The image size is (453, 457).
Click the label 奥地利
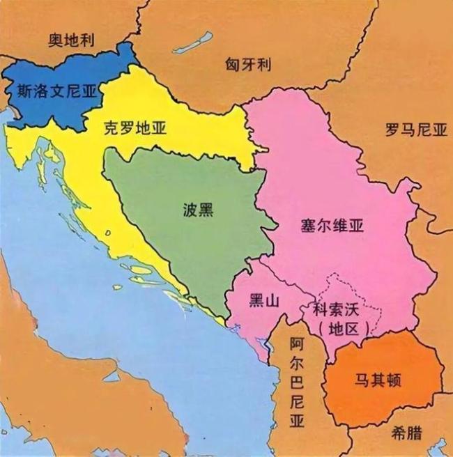point(71,40)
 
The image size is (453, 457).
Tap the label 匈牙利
point(248,65)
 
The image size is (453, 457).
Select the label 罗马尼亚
point(415,130)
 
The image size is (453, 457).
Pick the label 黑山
point(264,301)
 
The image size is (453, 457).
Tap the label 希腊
point(407,433)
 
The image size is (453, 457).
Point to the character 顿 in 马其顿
point(399,380)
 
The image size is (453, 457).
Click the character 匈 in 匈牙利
point(232,65)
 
